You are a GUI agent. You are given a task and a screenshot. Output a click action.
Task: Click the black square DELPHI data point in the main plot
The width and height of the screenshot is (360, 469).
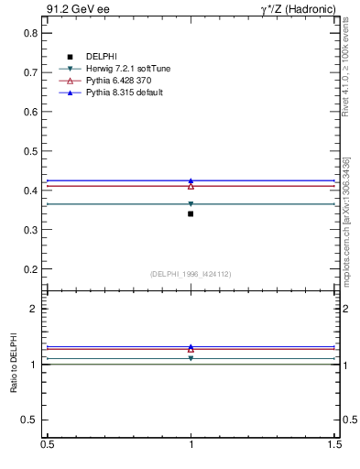191,213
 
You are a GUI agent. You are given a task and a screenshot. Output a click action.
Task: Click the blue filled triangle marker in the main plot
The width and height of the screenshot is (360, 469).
191,180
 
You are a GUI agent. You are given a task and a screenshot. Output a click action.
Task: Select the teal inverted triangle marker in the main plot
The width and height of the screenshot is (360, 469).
191,204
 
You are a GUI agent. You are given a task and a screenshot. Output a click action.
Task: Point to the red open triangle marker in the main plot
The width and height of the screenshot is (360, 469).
191,186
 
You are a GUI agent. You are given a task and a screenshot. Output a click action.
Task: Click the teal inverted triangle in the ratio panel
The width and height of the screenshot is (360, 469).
191,358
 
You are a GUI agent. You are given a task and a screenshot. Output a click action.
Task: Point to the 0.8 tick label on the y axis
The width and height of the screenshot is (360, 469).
29,32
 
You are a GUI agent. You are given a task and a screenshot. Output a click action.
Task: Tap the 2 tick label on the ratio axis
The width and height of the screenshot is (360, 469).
33,309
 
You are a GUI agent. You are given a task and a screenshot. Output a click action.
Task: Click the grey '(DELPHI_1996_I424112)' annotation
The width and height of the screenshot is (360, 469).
191,273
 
